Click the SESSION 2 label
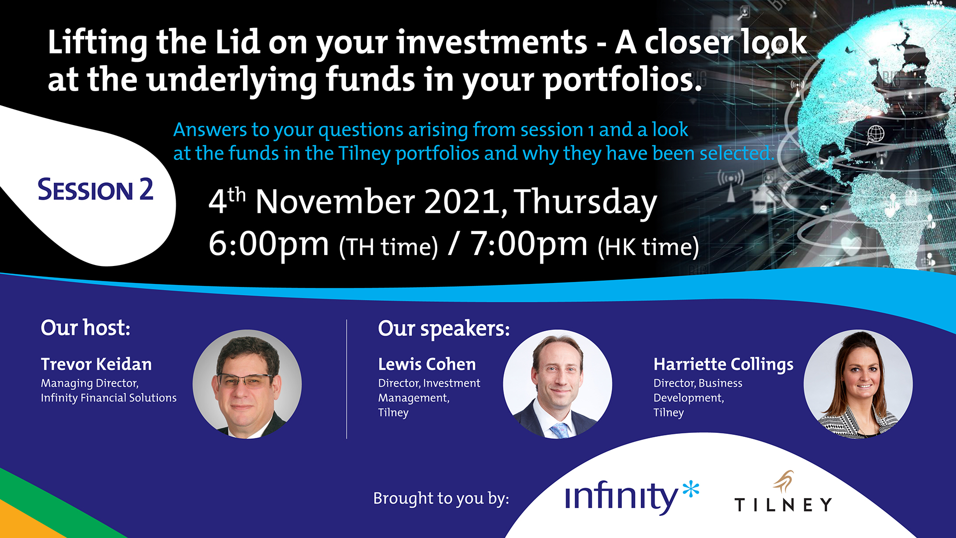pos(95,190)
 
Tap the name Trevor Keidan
pos(96,364)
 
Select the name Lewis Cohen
pos(427,364)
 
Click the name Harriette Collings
pos(723,365)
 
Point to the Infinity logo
pos(632,497)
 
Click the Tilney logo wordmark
pos(783,505)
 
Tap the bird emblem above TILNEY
pos(784,481)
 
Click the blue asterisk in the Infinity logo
pos(691,489)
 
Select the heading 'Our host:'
pos(86,328)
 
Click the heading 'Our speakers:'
pos(444,329)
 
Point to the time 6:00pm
pos(269,244)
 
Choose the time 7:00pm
pos(529,244)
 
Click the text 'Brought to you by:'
pos(441,499)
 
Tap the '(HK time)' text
pos(648,247)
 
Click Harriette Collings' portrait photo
pos(858,384)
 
